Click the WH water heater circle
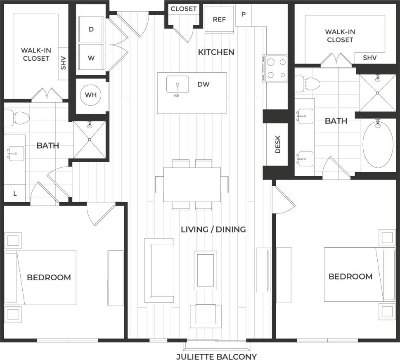click(90, 95)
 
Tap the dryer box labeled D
click(91, 29)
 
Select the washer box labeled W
click(91, 58)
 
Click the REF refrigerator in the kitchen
click(219, 20)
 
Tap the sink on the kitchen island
click(178, 85)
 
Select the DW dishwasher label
click(204, 85)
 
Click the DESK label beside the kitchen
click(277, 144)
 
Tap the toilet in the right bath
click(309, 84)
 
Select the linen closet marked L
click(15, 193)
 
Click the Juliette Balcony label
click(216, 356)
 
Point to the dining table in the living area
click(192, 185)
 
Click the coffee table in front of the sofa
click(206, 270)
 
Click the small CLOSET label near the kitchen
click(184, 9)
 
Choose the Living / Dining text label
click(213, 229)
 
